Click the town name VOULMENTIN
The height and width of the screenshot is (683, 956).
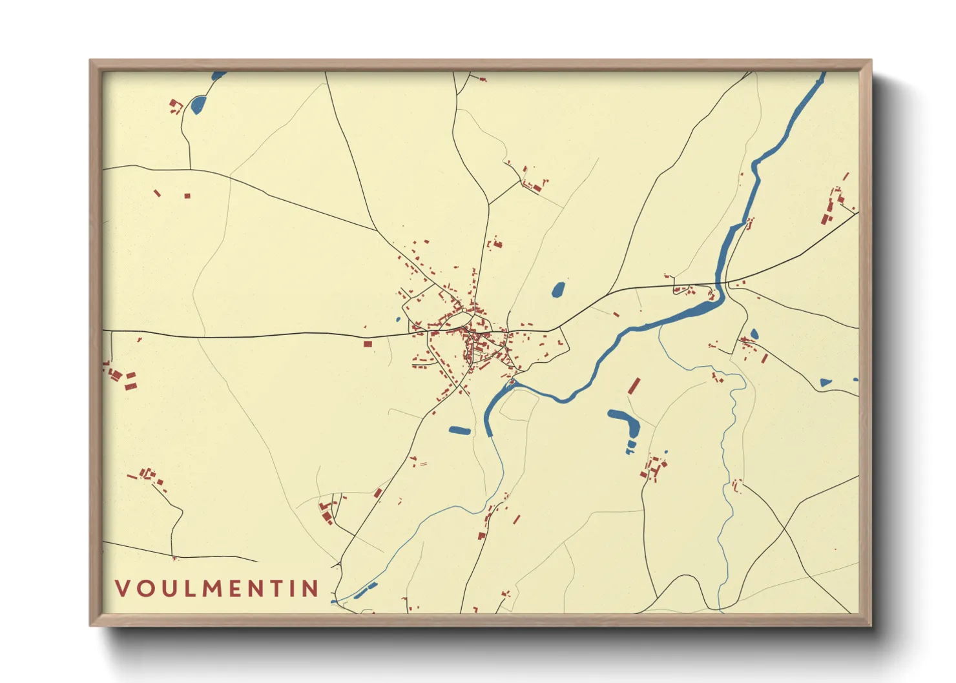pyautogui.click(x=217, y=588)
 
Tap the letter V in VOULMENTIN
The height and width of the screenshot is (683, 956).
pyautogui.click(x=121, y=588)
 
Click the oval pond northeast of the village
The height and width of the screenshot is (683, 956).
pyautogui.click(x=558, y=290)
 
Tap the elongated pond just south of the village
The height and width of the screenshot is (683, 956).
pyautogui.click(x=460, y=430)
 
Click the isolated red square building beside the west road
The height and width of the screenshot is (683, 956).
pyautogui.click(x=368, y=344)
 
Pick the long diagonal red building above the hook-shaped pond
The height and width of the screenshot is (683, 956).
pyautogui.click(x=634, y=386)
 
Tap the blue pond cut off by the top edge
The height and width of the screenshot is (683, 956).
pyautogui.click(x=219, y=75)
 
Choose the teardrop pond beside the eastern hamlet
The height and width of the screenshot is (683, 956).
pyautogui.click(x=754, y=334)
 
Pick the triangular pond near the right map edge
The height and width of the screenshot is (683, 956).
pyautogui.click(x=825, y=382)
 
